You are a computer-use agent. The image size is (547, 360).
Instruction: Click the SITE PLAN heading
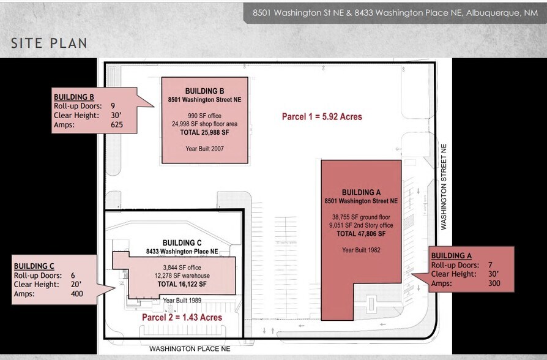(x=49, y=43)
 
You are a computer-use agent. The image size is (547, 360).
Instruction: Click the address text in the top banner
(x=390, y=12)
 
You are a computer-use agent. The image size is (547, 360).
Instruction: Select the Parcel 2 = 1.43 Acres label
(x=182, y=318)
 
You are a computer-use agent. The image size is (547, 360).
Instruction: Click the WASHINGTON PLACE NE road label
(x=190, y=348)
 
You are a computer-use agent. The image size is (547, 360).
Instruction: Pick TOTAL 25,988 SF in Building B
(x=204, y=132)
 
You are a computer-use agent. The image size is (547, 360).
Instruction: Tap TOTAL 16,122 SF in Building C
(x=182, y=284)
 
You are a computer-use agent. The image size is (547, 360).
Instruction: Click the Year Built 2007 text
(x=204, y=149)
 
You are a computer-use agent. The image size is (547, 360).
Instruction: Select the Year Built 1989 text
(x=182, y=301)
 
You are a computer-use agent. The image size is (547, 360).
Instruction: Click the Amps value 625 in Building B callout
(x=116, y=125)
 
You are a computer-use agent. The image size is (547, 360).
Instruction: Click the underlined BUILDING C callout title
(x=34, y=266)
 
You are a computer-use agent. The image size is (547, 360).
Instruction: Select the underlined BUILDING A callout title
(x=452, y=256)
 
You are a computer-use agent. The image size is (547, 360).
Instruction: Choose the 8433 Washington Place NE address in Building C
(x=182, y=252)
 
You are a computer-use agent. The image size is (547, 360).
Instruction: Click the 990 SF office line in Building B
(x=204, y=116)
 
